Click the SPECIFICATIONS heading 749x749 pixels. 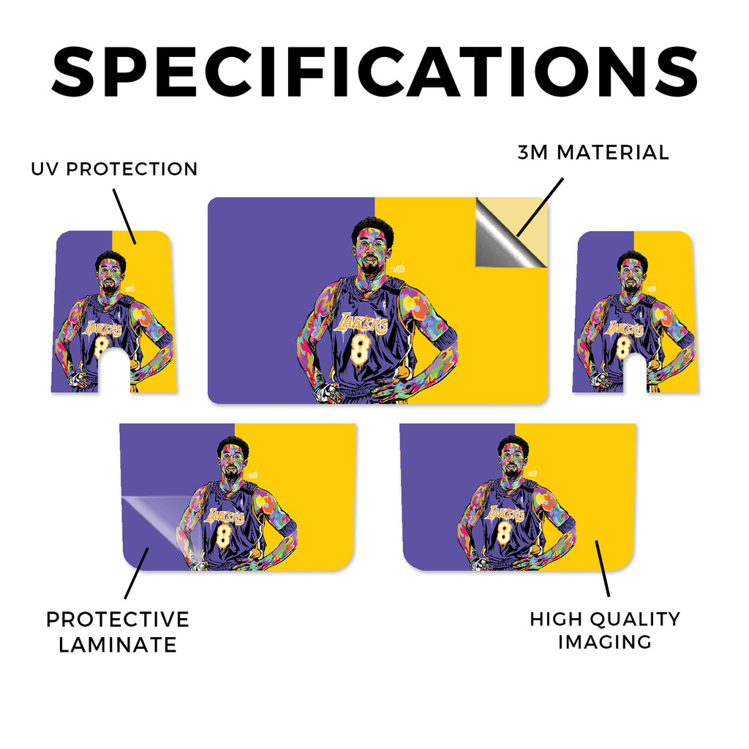[374, 72]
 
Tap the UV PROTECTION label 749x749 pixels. [114, 169]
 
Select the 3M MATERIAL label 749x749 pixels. [593, 153]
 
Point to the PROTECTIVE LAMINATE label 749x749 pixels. [118, 632]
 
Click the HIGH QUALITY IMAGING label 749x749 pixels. [605, 631]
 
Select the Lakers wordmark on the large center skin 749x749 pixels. [361, 323]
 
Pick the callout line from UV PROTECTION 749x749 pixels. [124, 217]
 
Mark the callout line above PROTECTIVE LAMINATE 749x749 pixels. [136, 573]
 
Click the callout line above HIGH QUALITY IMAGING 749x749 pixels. [603, 568]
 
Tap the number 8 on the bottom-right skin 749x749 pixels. [503, 532]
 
